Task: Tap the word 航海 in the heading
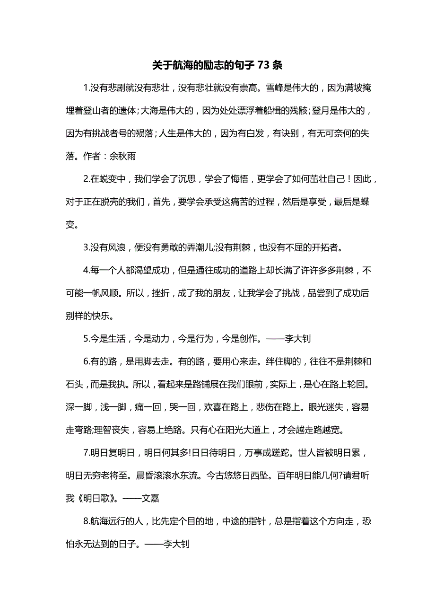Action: coord(183,65)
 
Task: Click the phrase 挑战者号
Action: coord(120,133)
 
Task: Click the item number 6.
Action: coord(86,362)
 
